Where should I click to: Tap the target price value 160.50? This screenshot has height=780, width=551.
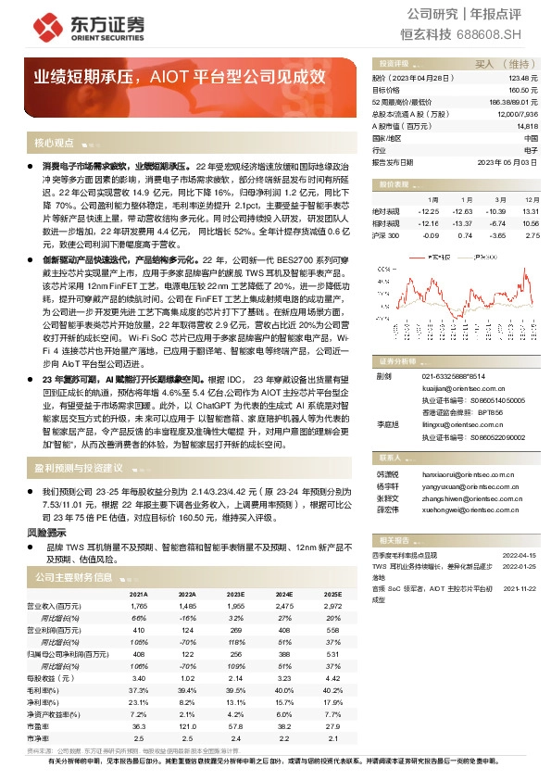(525, 91)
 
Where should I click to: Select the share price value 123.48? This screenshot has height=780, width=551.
(525, 80)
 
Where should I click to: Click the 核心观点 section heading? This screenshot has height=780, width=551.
(54, 144)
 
